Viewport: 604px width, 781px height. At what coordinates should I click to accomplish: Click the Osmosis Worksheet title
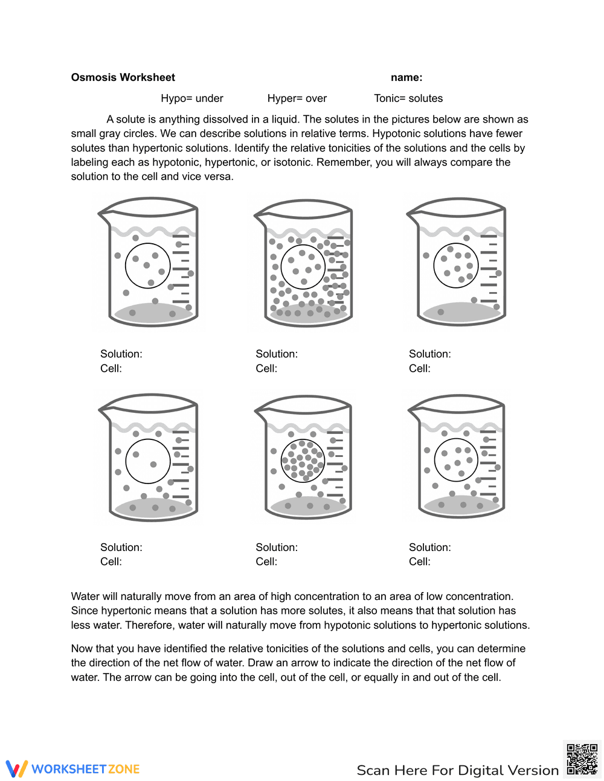click(123, 77)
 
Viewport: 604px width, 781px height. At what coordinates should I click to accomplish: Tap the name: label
click(406, 77)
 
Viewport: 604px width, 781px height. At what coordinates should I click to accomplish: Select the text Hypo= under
click(191, 98)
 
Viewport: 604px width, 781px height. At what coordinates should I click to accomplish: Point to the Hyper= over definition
click(297, 98)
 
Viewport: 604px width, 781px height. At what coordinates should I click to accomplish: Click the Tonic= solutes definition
click(408, 98)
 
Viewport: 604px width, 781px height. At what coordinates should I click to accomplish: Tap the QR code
click(582, 759)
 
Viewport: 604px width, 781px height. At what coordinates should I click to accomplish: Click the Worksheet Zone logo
click(72, 769)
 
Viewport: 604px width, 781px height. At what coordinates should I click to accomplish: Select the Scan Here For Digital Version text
click(457, 770)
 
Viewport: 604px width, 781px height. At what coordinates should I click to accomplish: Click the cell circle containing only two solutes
click(148, 461)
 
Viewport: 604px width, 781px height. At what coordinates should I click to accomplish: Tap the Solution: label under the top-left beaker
click(121, 354)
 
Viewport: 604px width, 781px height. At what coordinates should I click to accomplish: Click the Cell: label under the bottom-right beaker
click(420, 561)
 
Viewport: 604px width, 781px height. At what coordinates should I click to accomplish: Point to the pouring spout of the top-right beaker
click(412, 213)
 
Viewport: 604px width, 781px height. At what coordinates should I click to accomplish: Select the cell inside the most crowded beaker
click(303, 267)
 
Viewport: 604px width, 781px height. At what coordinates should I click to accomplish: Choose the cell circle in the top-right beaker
click(456, 266)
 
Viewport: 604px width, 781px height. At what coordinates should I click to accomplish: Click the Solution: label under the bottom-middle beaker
click(277, 547)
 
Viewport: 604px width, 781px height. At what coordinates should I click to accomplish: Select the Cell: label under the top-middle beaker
click(266, 368)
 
